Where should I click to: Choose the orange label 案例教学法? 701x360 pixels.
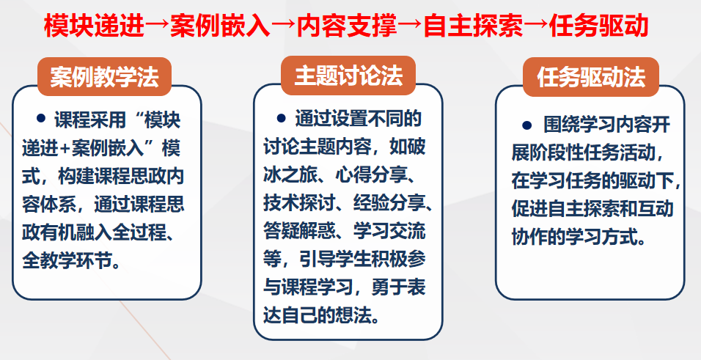pos(104,78)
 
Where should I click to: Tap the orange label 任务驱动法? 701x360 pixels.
pos(590,78)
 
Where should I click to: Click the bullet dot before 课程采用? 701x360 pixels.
pos(43,118)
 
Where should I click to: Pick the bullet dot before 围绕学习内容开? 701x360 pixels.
pos(526,125)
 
